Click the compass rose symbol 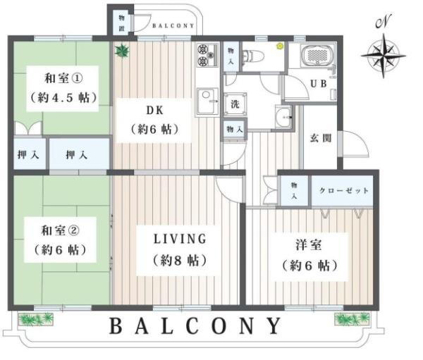pyautogui.click(x=384, y=56)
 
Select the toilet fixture pyautogui.click(x=253, y=56)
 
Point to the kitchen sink pyautogui.click(x=207, y=102)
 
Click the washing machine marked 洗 pyautogui.click(x=235, y=104)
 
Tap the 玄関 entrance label pyautogui.click(x=321, y=139)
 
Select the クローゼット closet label pyautogui.click(x=344, y=191)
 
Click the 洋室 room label pyautogui.click(x=309, y=245)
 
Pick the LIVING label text pyautogui.click(x=180, y=239)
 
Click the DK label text pyautogui.click(x=154, y=110)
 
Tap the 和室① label pyautogui.click(x=63, y=79)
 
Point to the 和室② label pyautogui.click(x=60, y=231)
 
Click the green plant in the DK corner pyautogui.click(x=122, y=51)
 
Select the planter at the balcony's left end pyautogui.click(x=36, y=319)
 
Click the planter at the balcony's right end pyautogui.click(x=352, y=319)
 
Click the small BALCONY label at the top pyautogui.click(x=173, y=26)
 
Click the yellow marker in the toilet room pyautogui.click(x=279, y=46)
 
